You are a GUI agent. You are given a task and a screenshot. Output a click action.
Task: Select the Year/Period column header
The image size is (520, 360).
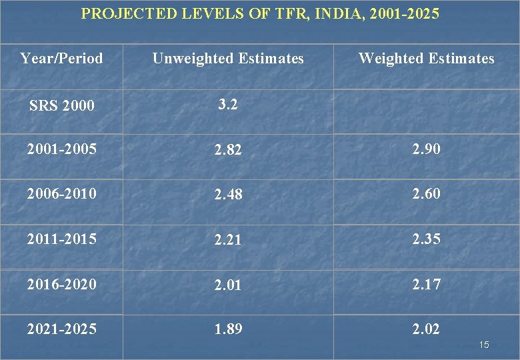coord(61,59)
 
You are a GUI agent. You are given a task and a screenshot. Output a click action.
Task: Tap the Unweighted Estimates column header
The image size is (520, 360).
coord(228,59)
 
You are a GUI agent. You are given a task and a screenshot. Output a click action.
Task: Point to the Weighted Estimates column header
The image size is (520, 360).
coord(427,59)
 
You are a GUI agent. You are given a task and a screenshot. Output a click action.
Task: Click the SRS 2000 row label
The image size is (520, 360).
coord(61,105)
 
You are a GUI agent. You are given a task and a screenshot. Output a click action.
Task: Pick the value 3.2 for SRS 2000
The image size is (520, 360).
coord(228,104)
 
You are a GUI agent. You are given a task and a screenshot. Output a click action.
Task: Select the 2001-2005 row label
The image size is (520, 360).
coord(61,149)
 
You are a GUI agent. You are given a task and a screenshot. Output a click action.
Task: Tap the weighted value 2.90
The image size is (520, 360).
coord(426,149)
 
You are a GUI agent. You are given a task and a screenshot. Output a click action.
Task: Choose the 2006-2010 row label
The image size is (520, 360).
coord(61,193)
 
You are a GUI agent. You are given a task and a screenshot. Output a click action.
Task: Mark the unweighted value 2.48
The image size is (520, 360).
coord(228,195)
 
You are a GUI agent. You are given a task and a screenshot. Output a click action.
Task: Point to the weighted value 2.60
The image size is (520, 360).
coord(426,193)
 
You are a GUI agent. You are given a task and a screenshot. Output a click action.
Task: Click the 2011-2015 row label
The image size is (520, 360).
coord(61,239)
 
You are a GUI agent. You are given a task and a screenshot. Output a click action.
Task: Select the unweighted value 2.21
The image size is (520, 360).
coord(228,240)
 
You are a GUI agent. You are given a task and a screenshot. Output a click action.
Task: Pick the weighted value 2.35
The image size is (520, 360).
coord(426,239)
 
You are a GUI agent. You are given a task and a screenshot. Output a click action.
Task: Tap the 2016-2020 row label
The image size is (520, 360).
coord(61,284)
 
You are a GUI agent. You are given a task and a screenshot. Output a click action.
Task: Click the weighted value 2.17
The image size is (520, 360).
coord(426,284)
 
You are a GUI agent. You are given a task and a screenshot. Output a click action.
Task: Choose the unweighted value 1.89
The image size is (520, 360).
coord(228,329)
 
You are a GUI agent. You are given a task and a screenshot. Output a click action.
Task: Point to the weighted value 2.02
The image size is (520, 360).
coord(426,329)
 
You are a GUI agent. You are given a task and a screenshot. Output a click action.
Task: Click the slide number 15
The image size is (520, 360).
coord(484,345)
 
